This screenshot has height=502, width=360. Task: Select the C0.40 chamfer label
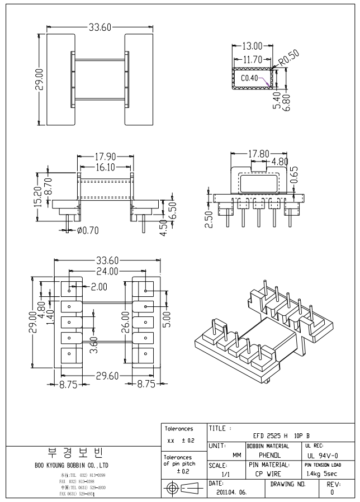250,79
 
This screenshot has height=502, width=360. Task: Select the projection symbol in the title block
183,487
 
